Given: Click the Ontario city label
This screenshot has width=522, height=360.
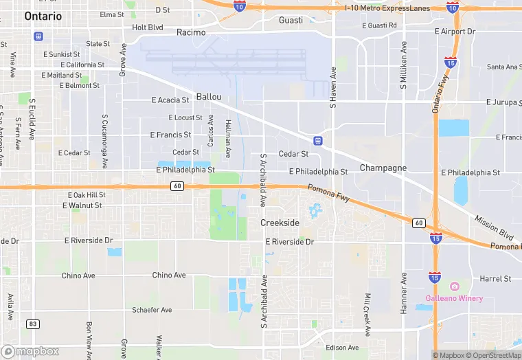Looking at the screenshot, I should (43, 16).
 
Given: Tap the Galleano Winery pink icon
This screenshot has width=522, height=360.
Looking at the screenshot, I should (453, 286).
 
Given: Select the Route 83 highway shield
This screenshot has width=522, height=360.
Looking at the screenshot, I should (32, 323).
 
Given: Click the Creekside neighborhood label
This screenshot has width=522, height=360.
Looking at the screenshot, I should (280, 223).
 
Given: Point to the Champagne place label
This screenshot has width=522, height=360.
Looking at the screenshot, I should (383, 168).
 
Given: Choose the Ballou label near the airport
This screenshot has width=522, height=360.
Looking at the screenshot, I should (209, 97).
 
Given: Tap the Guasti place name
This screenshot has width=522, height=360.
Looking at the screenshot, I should (291, 20).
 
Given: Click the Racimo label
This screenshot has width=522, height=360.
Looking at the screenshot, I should (190, 32).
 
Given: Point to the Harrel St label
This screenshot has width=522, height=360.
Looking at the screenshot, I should (495, 279).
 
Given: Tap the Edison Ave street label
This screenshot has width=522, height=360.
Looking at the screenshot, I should (342, 348).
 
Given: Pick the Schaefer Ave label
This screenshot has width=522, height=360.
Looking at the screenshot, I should (152, 310).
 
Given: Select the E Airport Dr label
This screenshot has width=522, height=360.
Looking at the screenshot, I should (455, 32).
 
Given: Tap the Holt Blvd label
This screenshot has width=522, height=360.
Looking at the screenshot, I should (148, 27).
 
